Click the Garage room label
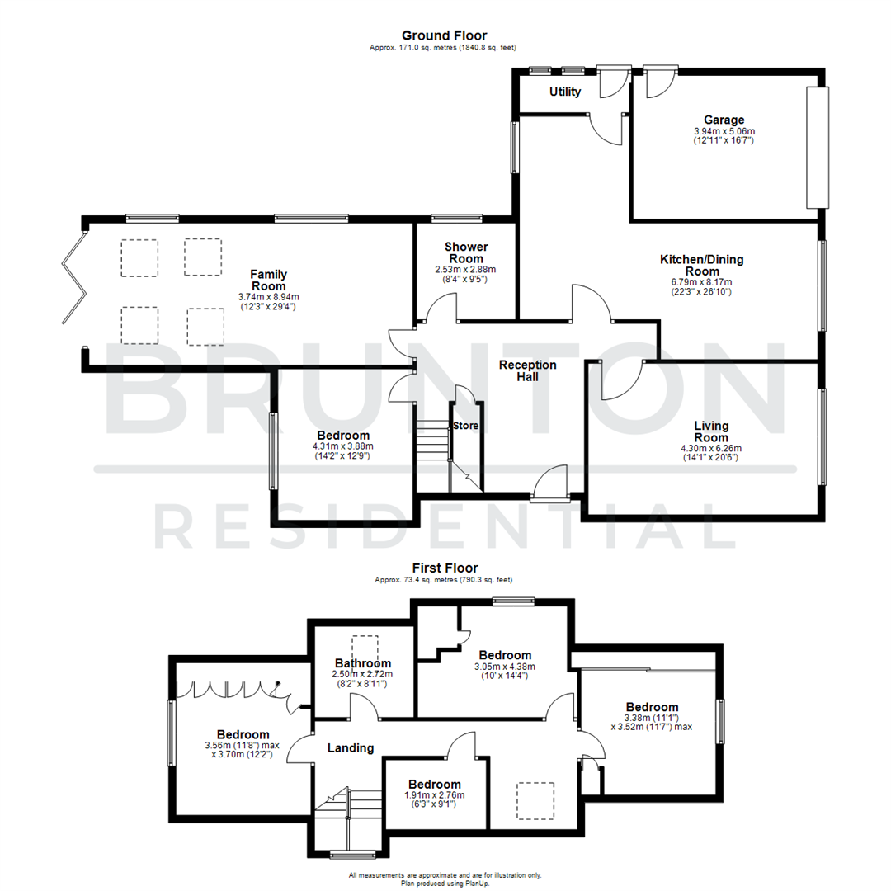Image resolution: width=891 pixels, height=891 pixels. [724, 119]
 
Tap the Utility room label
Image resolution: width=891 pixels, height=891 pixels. [565, 92]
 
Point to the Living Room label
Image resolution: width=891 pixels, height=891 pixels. [710, 431]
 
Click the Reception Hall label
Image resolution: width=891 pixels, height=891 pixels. [528, 370]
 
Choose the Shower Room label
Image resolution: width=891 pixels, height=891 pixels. [466, 252]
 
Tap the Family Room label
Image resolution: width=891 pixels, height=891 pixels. [268, 280]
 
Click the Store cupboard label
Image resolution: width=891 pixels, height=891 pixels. [464, 426]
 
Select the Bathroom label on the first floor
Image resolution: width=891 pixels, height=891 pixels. [362, 663]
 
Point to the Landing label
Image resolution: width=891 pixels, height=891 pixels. [351, 748]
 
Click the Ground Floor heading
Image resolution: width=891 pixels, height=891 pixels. [444, 35]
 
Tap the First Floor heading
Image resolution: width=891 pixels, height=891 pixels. [445, 568]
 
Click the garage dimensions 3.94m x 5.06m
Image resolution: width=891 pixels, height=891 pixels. [724, 131]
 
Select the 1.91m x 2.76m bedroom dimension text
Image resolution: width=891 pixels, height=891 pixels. [434, 795]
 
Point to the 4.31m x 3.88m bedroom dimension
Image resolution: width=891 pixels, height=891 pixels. [342, 446]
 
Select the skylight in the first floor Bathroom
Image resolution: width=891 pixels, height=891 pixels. [364, 646]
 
